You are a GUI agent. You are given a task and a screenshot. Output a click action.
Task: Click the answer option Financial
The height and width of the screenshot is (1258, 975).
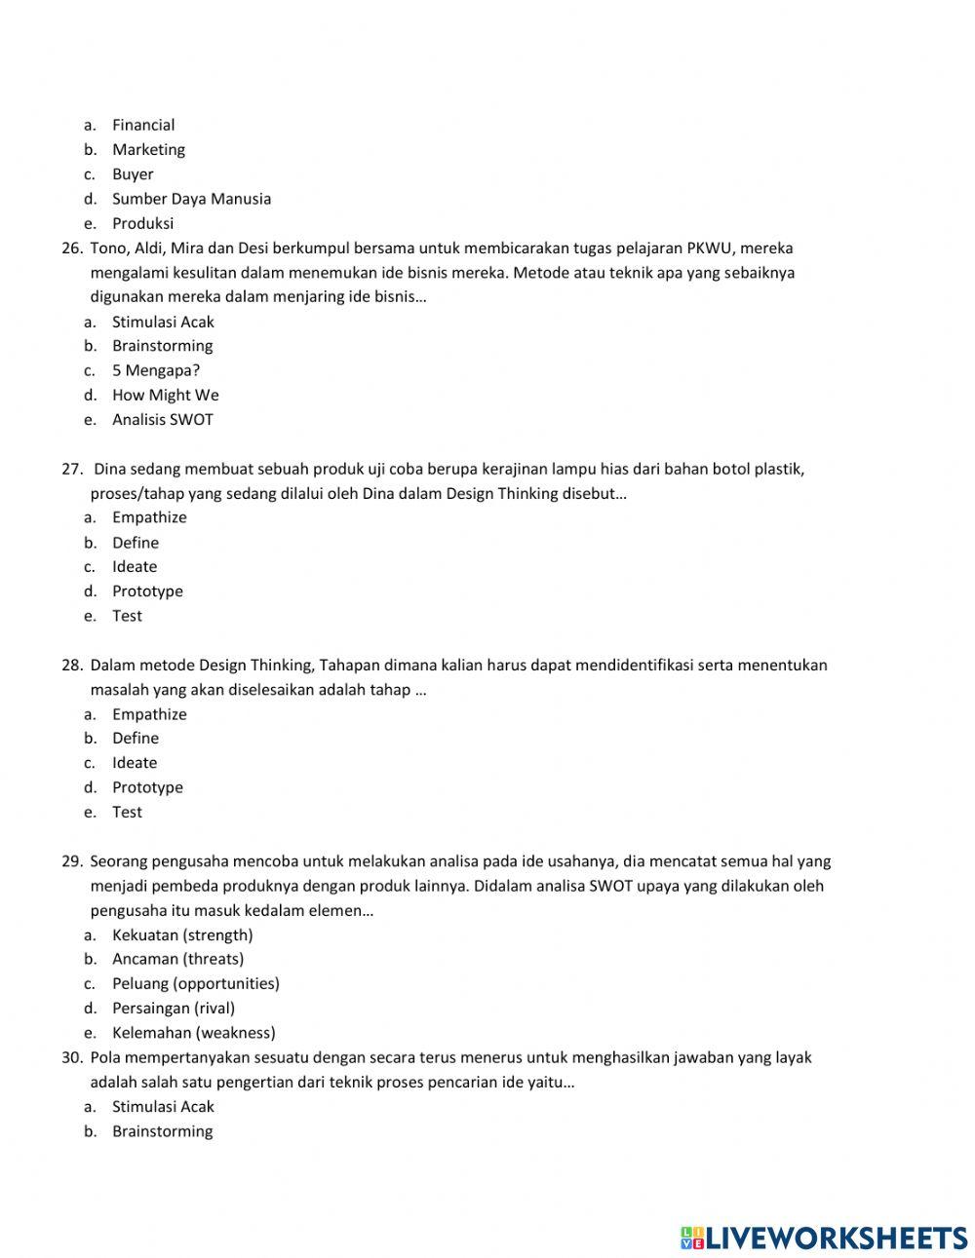pos(143,125)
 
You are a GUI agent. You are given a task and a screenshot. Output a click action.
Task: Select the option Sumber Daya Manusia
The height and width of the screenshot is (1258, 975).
pos(191,199)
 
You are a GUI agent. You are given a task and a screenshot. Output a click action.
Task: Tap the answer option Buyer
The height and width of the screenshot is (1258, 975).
pos(133,174)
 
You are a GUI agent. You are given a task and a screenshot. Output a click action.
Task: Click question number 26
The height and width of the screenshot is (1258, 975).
pos(72,248)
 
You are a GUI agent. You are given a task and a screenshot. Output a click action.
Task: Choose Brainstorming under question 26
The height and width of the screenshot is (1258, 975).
pos(162,346)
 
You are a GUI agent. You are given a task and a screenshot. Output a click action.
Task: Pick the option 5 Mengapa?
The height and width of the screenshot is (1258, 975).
pos(156,370)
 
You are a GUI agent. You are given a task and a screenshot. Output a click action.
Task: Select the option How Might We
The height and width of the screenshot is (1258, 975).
pos(165,395)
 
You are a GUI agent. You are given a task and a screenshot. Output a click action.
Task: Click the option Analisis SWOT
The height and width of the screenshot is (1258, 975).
pos(162,420)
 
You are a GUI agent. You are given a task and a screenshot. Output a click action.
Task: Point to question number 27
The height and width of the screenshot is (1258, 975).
pos(72,469)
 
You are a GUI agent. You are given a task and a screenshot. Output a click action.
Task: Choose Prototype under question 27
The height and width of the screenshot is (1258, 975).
pos(147,591)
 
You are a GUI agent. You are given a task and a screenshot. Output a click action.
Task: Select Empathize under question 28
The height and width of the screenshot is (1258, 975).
pos(149,714)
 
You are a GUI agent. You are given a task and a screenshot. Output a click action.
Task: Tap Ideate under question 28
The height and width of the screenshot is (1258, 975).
pos(135,763)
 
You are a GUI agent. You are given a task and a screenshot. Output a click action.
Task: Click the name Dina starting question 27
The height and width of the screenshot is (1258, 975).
pos(110,469)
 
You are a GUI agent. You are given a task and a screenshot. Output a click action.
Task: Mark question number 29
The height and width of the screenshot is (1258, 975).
pos(72,861)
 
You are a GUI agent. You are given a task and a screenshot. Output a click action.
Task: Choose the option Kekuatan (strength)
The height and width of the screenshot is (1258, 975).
pos(182,935)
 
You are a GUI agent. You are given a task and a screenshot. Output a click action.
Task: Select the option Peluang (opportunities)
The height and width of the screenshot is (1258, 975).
pos(195,984)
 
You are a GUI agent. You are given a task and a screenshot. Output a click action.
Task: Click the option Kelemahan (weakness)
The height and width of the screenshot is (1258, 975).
pos(193,1033)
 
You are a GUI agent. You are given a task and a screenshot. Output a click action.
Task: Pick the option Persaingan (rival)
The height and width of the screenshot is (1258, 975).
pos(174,1009)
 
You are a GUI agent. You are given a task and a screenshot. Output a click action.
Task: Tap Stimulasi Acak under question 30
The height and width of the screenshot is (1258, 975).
pos(163,1107)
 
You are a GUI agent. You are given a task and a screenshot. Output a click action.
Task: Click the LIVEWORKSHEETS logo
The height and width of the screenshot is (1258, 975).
pos(823,1238)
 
